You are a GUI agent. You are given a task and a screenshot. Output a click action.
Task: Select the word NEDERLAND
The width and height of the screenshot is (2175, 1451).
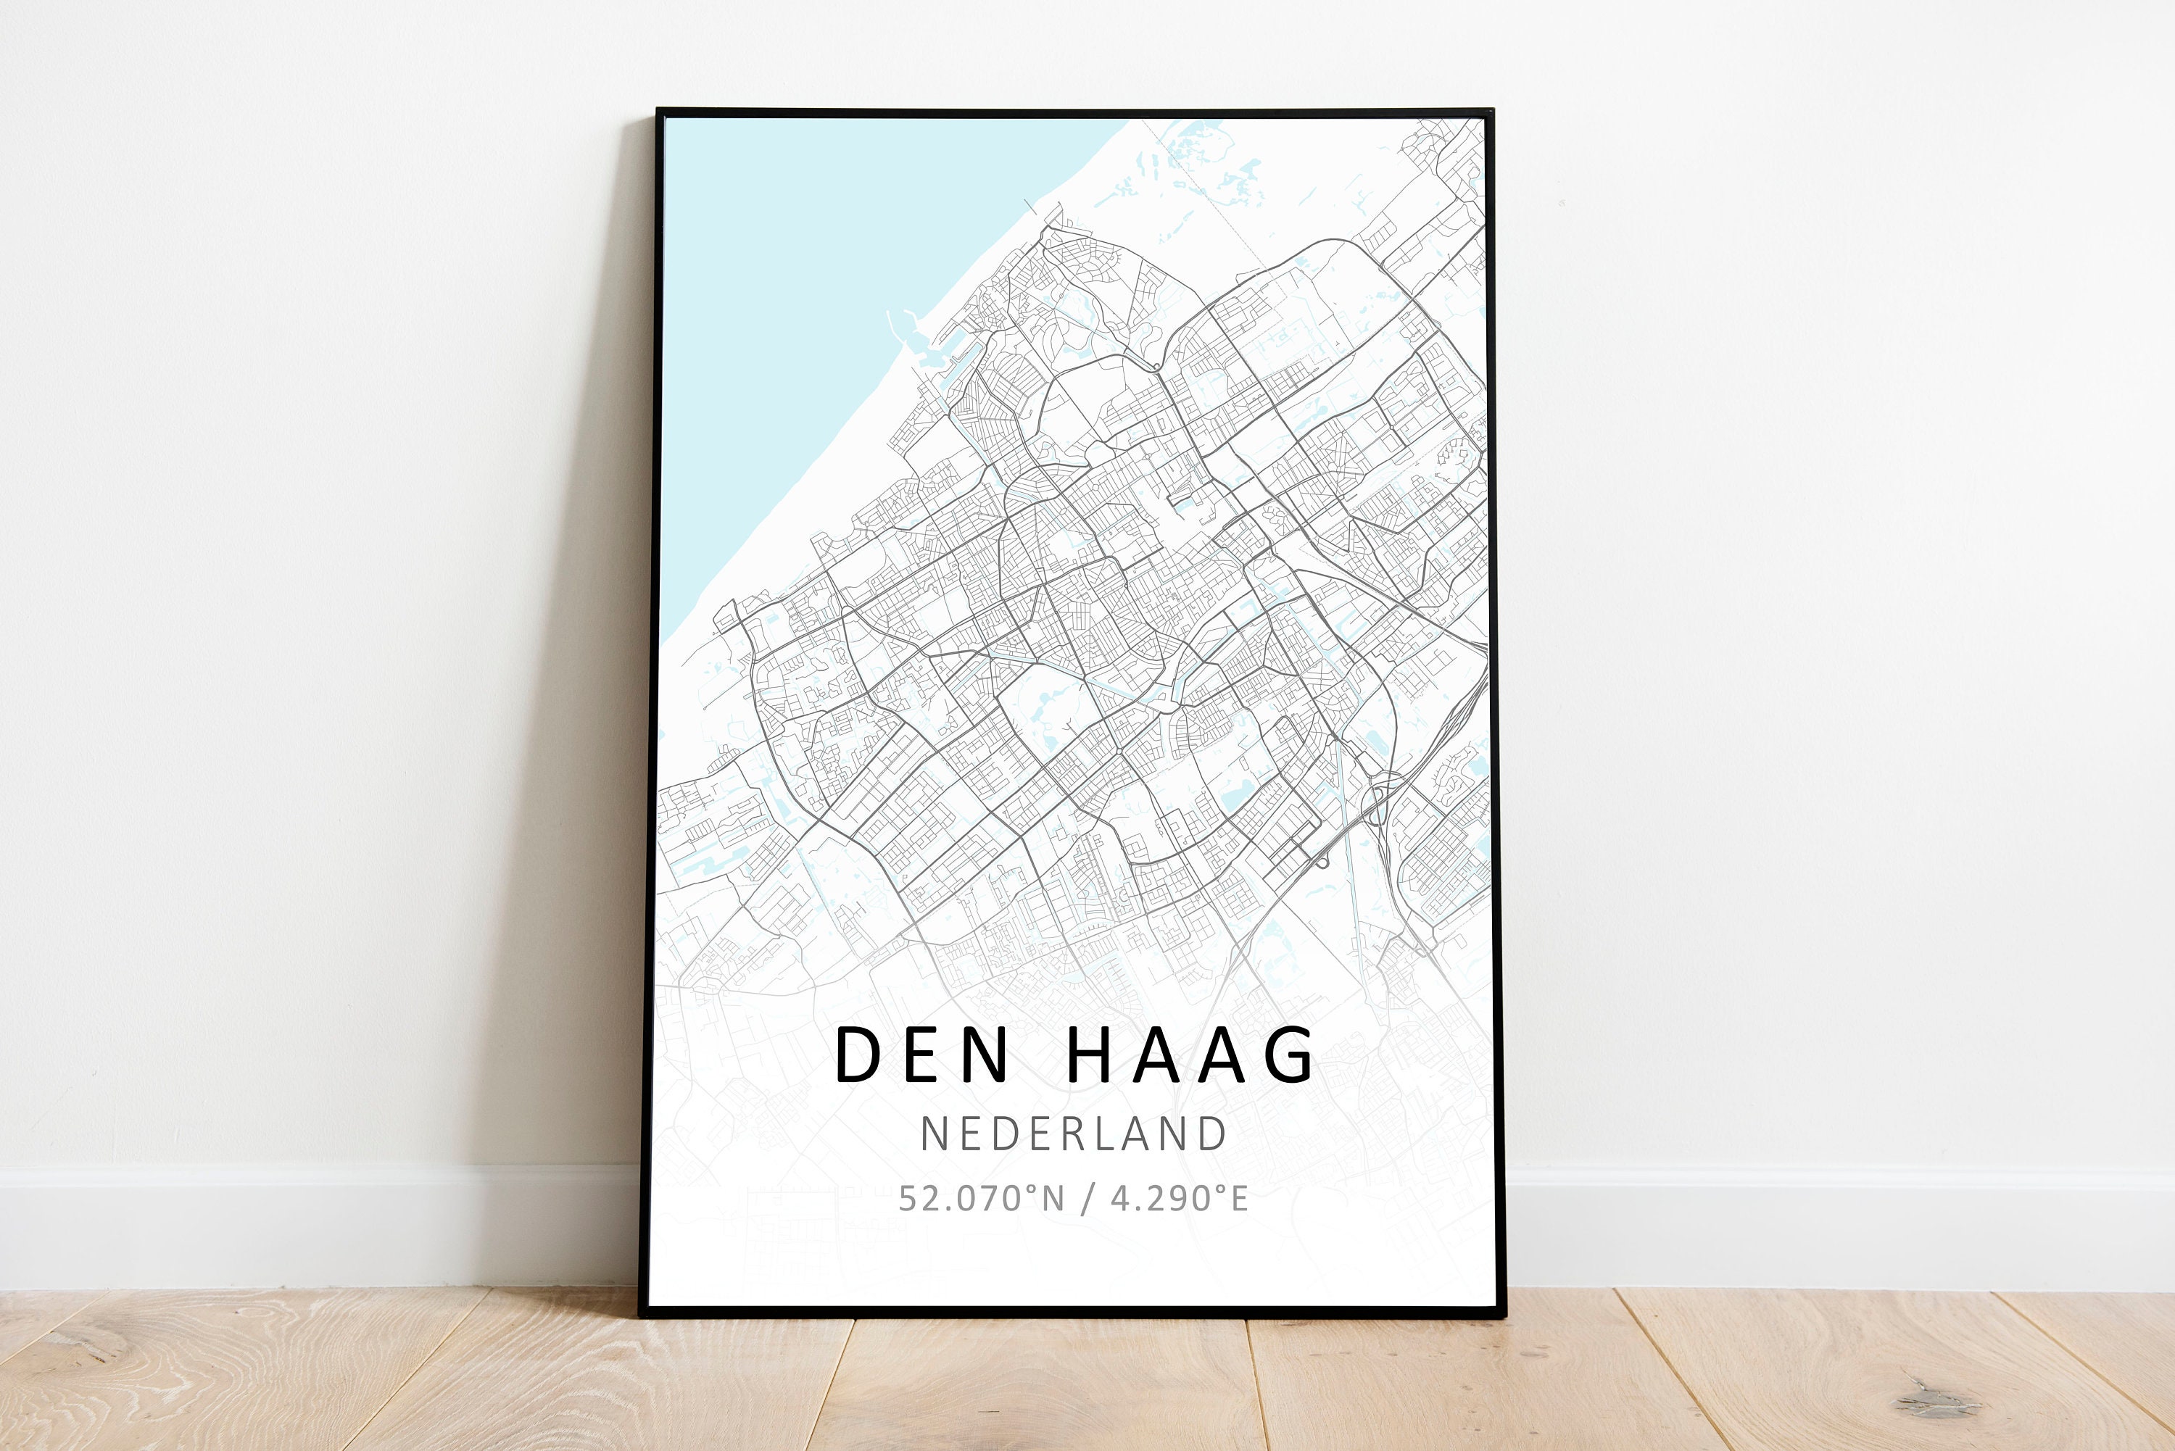click(x=1074, y=1134)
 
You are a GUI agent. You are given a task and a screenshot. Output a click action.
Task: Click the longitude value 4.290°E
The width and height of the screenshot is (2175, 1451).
click(x=1179, y=1198)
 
